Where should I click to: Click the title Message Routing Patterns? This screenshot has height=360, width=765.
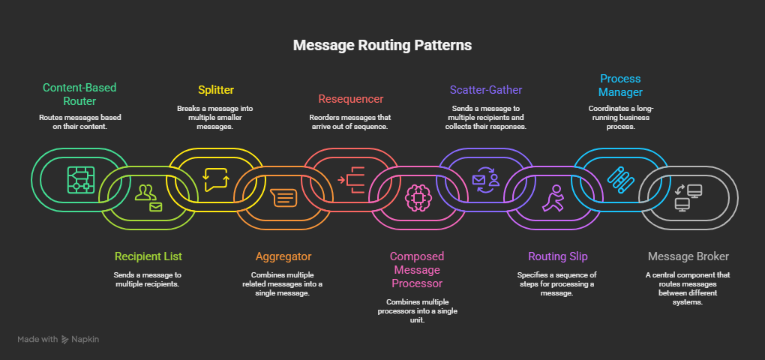point(382,45)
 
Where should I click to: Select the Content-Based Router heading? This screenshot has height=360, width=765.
point(79,94)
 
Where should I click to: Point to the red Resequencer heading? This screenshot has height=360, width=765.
point(352,98)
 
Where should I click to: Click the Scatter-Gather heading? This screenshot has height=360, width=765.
point(486,90)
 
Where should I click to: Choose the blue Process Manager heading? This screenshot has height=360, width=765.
point(620,85)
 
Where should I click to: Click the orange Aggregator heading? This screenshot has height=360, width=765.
point(283,256)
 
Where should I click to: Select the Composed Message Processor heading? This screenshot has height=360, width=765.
point(418,270)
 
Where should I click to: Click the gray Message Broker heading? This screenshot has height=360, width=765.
point(688,256)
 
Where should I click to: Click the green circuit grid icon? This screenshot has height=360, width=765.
point(81,179)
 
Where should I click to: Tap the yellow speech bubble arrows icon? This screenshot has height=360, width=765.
point(215,179)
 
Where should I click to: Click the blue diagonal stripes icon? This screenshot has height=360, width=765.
point(620,179)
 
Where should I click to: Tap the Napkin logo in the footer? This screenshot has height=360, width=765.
point(80,340)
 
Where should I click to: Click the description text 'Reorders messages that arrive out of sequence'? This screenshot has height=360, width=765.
point(352,122)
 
